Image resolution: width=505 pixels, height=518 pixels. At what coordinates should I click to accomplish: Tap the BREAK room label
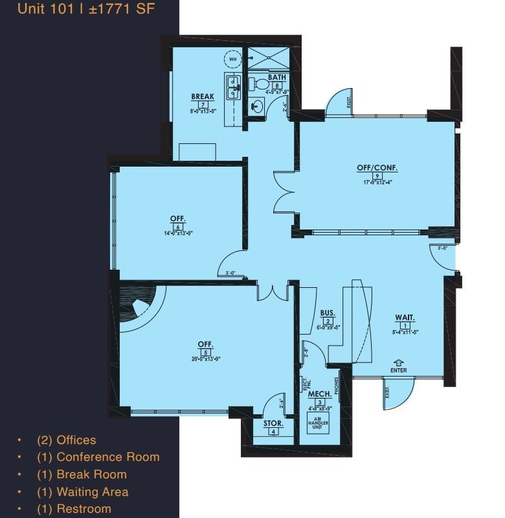203,97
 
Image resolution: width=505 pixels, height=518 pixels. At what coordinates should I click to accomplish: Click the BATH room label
277,77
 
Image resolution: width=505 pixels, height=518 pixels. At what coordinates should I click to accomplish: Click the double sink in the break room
232,86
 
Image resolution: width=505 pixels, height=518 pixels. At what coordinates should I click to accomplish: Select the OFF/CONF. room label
377,167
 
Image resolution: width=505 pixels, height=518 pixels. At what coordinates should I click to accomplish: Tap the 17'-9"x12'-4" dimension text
377,182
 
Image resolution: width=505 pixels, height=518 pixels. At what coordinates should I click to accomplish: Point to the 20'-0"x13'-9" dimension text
206,359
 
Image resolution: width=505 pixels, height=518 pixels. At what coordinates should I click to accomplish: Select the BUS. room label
328,313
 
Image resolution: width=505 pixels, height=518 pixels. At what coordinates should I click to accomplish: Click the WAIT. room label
405,317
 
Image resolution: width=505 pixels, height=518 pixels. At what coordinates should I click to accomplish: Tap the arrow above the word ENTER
399,363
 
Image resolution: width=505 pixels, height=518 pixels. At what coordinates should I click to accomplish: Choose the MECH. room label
320,394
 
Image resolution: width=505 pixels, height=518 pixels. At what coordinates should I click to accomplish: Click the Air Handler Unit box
318,421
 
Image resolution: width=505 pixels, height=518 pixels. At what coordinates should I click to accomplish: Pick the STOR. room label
273,423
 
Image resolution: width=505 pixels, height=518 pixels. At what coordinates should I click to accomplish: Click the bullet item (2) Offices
76,440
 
